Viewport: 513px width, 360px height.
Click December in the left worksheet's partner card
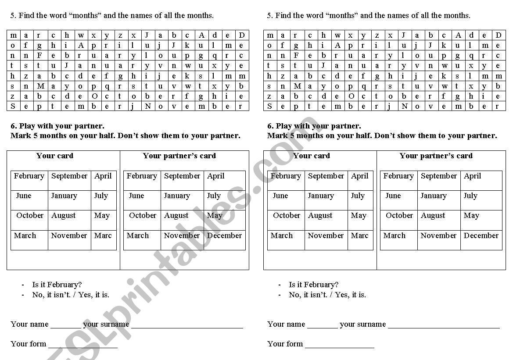[x=224, y=235]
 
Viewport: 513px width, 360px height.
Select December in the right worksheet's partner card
[x=481, y=235]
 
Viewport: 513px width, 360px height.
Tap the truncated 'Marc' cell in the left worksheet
[x=103, y=235]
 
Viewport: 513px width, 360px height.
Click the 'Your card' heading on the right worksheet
[x=312, y=156]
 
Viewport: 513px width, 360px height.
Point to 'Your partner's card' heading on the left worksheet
[x=179, y=156]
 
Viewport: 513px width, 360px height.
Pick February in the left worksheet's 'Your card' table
[x=29, y=176]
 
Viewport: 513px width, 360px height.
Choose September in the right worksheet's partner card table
[x=439, y=176]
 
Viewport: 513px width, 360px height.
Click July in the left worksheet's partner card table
[x=214, y=196]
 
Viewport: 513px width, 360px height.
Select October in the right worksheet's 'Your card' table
[x=287, y=215]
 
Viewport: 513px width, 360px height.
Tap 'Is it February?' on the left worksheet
[x=57, y=285]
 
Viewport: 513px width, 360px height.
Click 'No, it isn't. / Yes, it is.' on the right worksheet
[x=327, y=295]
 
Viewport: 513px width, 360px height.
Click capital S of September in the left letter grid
[x=13, y=106]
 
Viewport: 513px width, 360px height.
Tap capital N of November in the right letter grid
[x=404, y=106]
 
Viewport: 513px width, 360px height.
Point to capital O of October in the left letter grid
[x=94, y=96]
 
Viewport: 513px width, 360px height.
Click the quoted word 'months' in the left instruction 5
[x=85, y=15]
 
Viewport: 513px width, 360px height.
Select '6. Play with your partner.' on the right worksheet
[x=314, y=126]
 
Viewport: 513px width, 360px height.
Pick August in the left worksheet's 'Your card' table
[x=64, y=215]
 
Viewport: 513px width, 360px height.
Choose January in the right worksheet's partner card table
[x=434, y=196]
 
